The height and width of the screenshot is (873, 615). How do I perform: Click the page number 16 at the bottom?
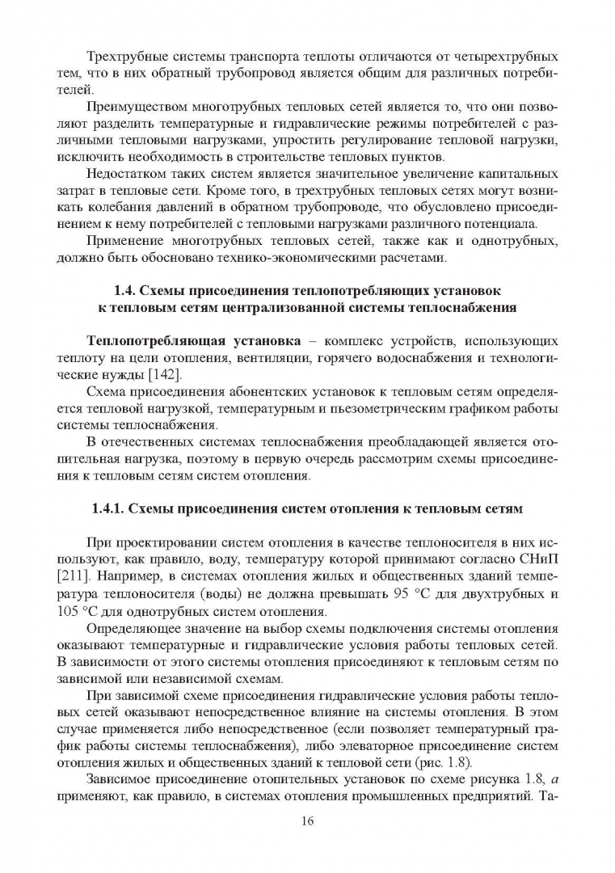307,821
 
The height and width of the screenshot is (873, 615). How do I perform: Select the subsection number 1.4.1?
108,508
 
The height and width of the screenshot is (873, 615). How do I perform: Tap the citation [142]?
163,373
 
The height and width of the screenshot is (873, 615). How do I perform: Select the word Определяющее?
134,630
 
